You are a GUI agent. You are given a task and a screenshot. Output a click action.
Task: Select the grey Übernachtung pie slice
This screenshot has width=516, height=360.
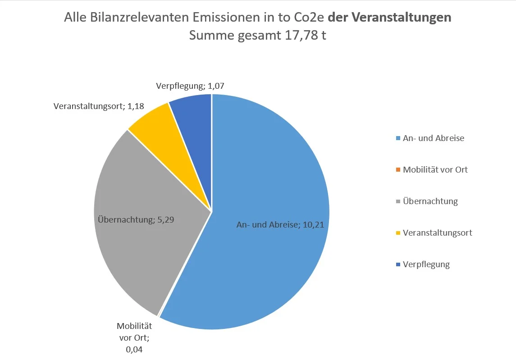point(135,252)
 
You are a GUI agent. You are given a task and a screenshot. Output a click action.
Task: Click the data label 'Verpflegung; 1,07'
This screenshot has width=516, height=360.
point(190,86)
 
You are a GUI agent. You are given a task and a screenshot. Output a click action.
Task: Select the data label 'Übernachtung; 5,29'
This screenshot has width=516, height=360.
point(136,220)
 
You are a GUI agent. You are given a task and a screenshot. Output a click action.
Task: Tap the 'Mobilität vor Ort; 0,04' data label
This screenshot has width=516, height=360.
point(134,337)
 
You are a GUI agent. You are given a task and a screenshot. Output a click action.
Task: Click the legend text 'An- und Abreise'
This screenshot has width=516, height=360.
point(433,138)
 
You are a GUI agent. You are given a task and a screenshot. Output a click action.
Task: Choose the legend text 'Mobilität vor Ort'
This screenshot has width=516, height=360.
point(435,170)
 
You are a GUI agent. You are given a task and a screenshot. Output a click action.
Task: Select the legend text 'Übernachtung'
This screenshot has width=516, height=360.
point(430,201)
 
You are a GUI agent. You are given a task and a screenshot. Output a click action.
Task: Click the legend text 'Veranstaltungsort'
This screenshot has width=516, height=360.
point(437,233)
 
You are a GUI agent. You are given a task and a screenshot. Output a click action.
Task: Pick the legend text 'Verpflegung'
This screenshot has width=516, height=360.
point(426,264)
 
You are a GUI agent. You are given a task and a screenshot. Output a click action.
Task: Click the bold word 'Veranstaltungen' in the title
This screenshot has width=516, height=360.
point(401,18)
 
